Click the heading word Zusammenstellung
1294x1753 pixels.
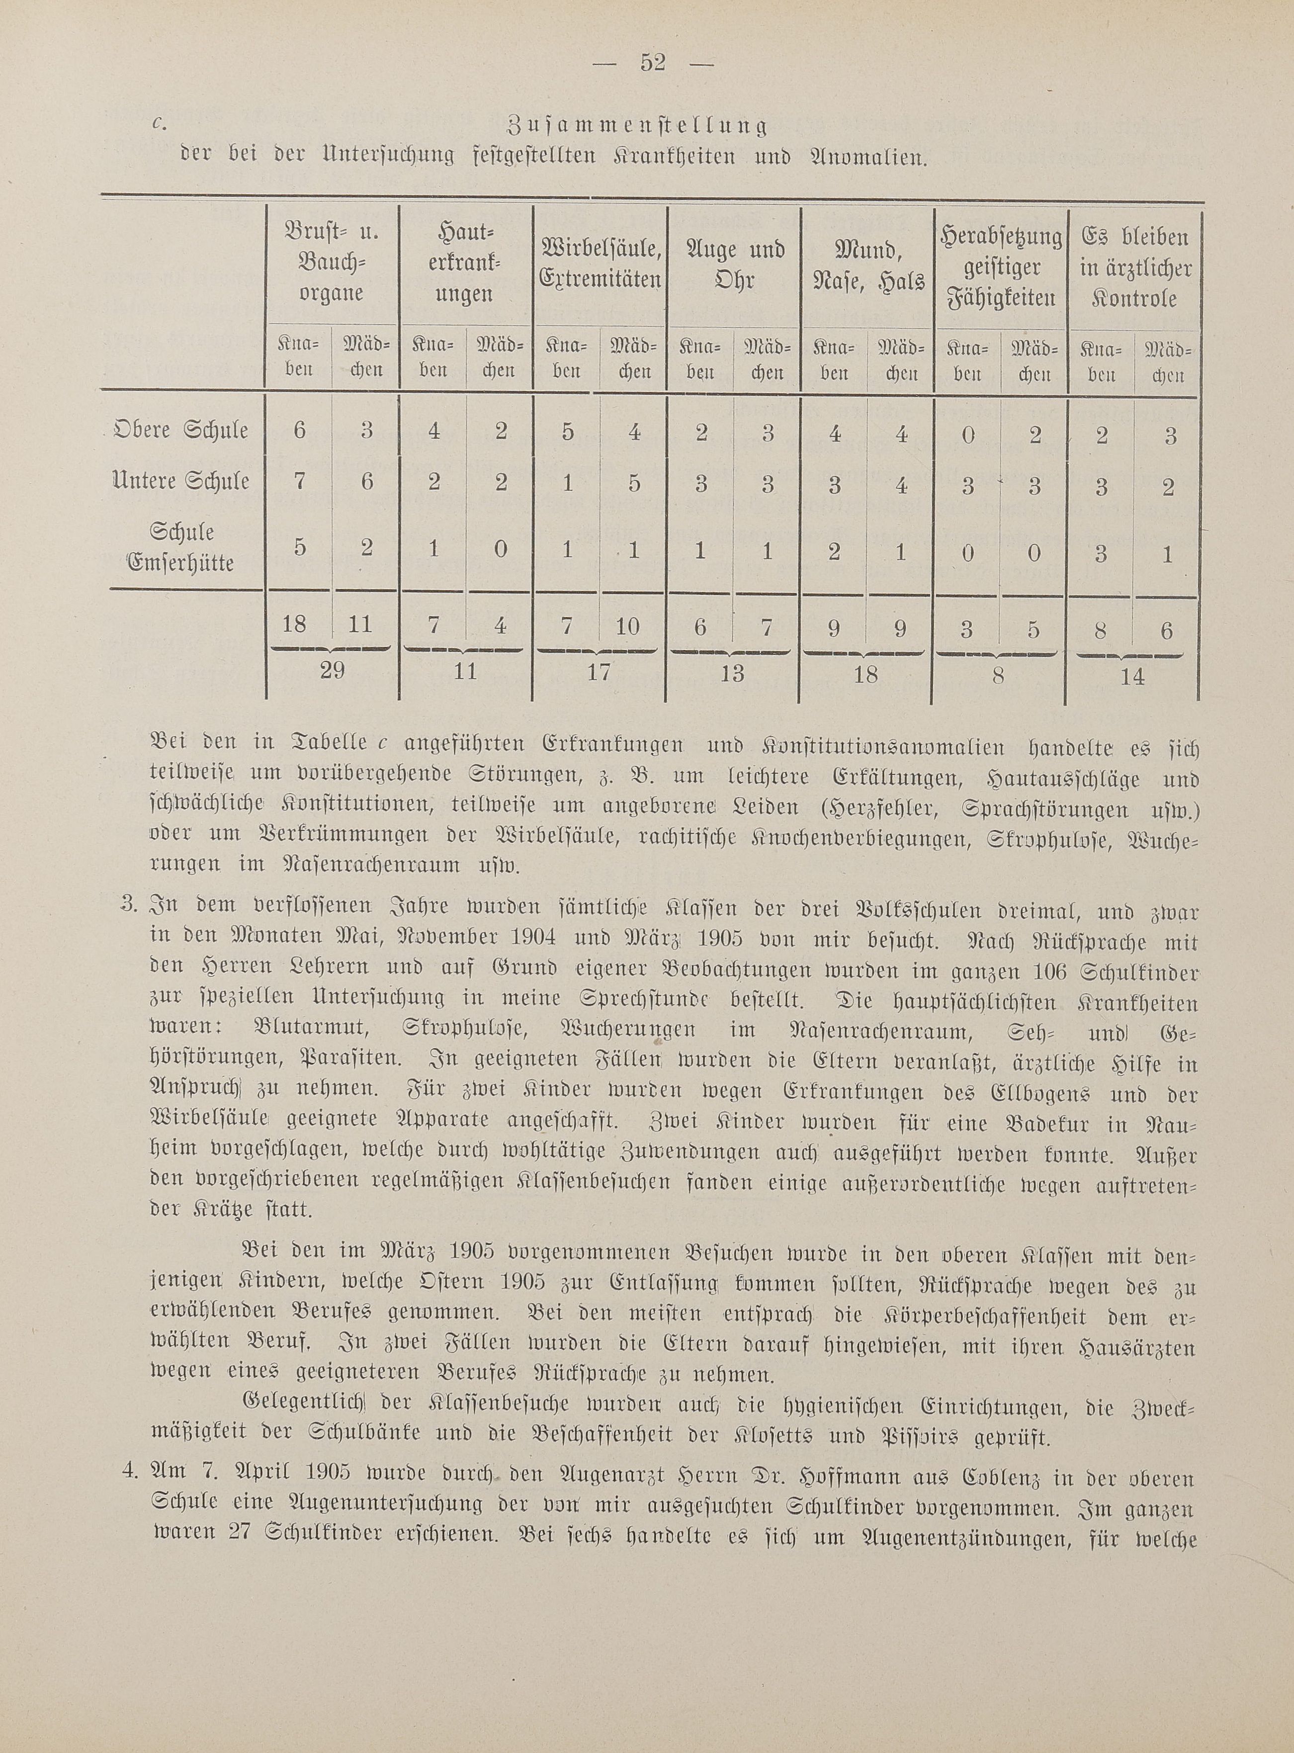pyautogui.click(x=637, y=125)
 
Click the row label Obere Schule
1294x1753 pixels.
pyautogui.click(x=181, y=431)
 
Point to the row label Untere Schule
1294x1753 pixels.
pyautogui.click(x=181, y=480)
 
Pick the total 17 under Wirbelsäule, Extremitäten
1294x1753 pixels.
pyautogui.click(x=599, y=673)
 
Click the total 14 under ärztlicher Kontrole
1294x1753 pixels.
pyautogui.click(x=1132, y=677)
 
